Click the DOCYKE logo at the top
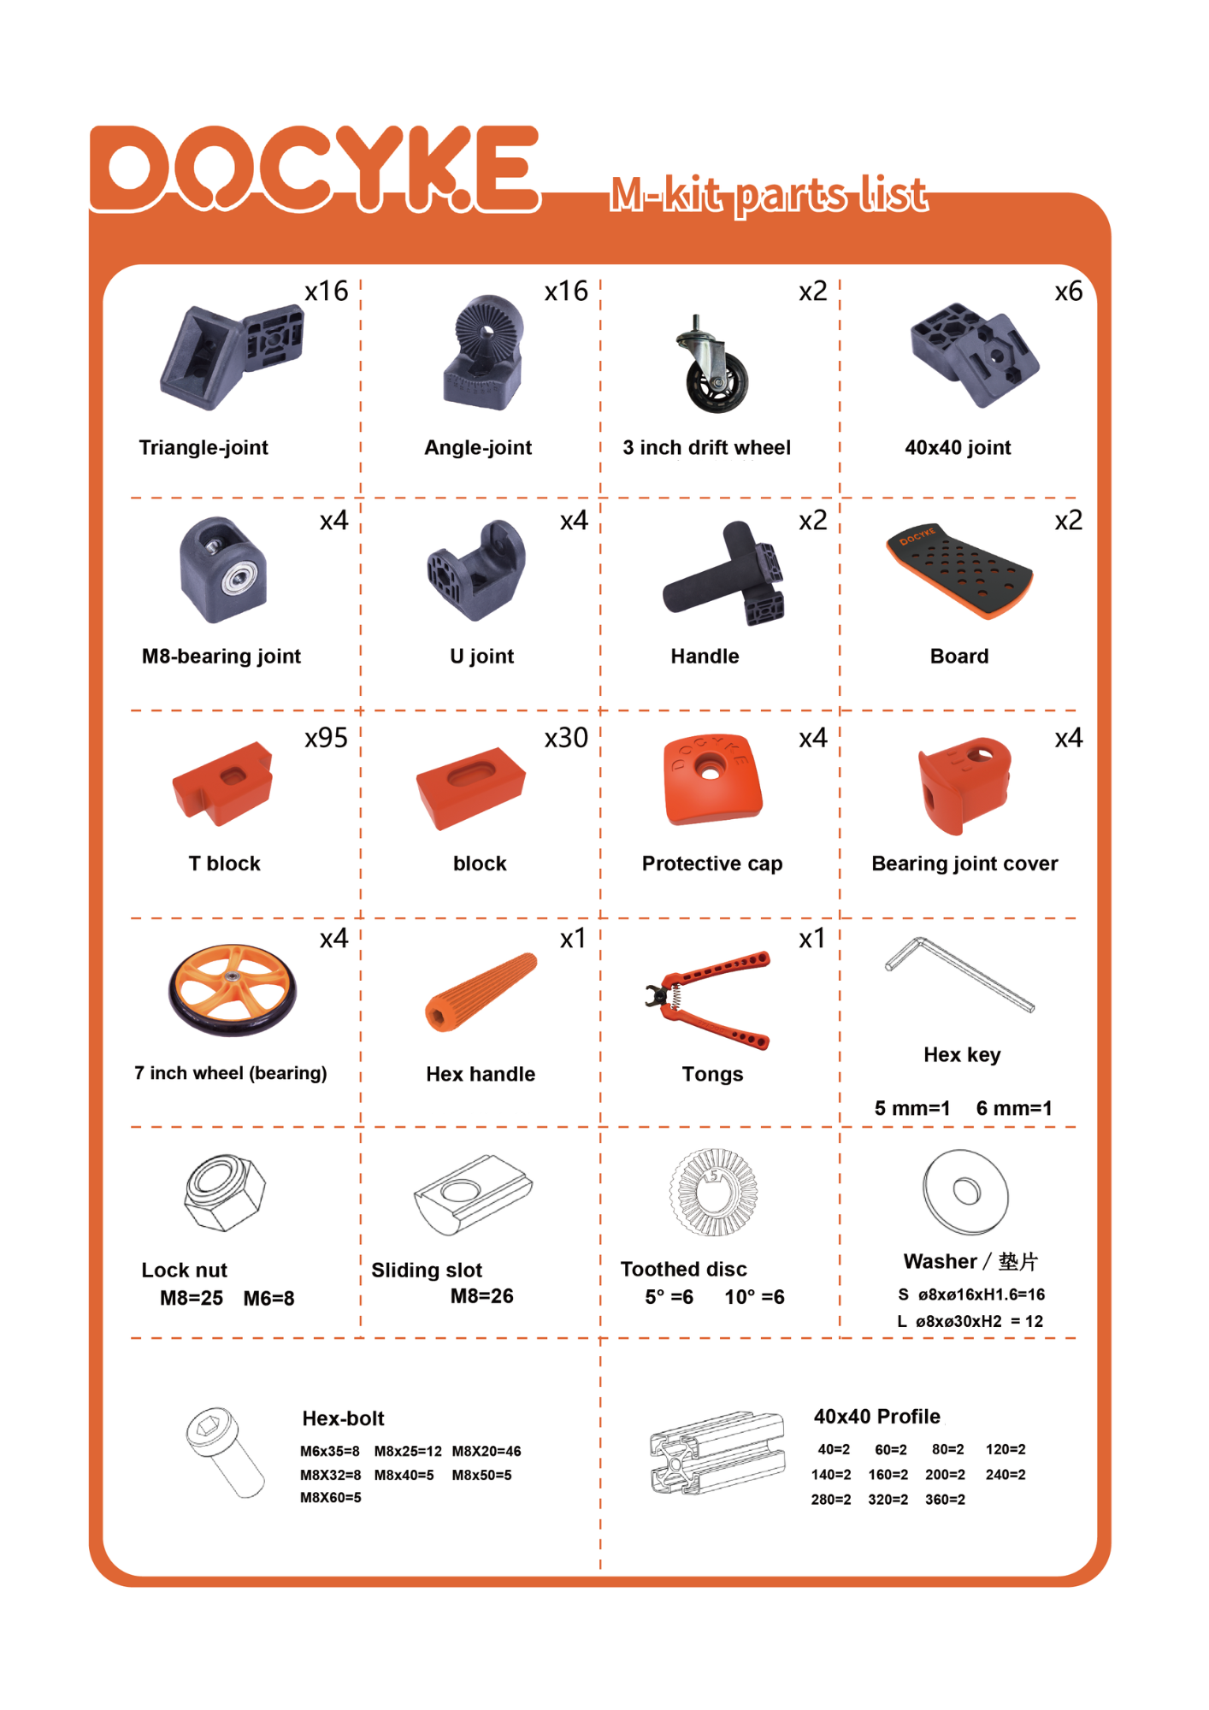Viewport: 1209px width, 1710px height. [316, 168]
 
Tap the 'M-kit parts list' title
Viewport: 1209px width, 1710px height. [769, 195]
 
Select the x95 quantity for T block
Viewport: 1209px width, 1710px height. [327, 737]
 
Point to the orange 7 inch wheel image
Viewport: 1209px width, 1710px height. [233, 989]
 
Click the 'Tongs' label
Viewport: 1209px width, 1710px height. [712, 1074]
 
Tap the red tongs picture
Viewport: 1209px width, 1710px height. [708, 999]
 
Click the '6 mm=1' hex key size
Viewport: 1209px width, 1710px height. [1014, 1108]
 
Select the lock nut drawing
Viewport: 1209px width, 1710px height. [225, 1193]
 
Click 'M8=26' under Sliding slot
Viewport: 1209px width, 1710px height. [482, 1296]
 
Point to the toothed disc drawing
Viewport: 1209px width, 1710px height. [713, 1192]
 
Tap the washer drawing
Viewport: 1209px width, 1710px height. [966, 1192]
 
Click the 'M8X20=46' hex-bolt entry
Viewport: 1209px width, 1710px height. [487, 1451]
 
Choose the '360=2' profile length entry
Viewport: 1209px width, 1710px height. [945, 1500]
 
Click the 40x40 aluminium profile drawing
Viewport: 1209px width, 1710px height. [717, 1453]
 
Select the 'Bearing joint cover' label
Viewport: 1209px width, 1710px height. [964, 864]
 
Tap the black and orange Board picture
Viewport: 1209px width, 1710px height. [959, 570]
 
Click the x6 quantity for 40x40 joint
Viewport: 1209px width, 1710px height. [1069, 292]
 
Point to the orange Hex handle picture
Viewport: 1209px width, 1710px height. [481, 992]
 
